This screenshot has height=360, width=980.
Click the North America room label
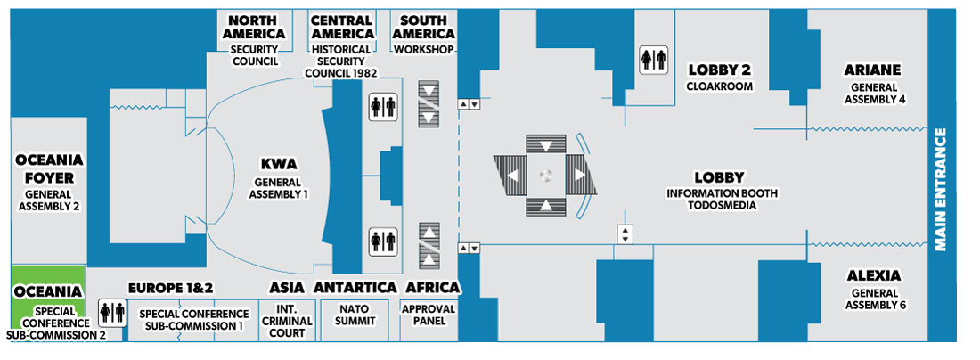pyautogui.click(x=256, y=27)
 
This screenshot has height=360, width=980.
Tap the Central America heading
pyautogui.click(x=341, y=27)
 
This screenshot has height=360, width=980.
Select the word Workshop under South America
pyautogui.click(x=425, y=49)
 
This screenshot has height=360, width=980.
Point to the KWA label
pyautogui.click(x=278, y=164)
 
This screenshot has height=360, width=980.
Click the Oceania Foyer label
pyautogui.click(x=50, y=168)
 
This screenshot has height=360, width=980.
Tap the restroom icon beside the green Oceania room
pyautogui.click(x=111, y=311)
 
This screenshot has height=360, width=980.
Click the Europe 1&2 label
pyautogui.click(x=171, y=288)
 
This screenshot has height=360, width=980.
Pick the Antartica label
pyautogui.click(x=355, y=288)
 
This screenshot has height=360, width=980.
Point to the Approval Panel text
pyautogui.click(x=429, y=315)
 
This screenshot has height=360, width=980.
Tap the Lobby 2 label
pyautogui.click(x=720, y=70)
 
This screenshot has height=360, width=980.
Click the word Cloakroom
pyautogui.click(x=720, y=86)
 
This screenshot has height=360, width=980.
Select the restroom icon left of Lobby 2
pyautogui.click(x=653, y=60)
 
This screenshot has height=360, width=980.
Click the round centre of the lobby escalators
pyautogui.click(x=547, y=176)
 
